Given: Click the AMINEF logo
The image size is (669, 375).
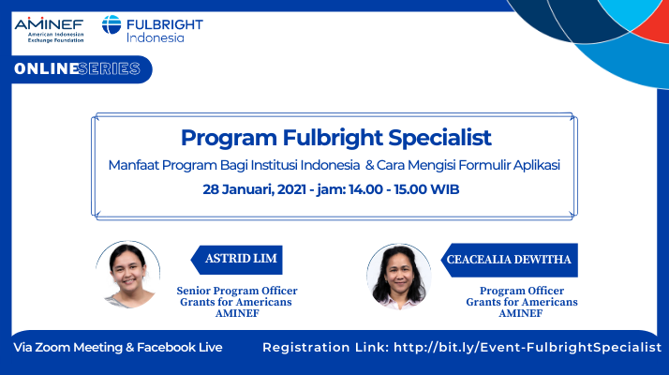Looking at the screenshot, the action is pos(49,30).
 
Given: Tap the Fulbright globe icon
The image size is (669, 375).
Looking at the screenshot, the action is pos(111,24).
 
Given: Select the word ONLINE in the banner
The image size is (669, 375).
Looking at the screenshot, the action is pos(46,68).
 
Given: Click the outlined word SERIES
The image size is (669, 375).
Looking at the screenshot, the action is pos(110,68).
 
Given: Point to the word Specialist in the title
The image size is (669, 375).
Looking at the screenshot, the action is pos(439,138).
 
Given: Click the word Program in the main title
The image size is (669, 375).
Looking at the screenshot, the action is pos(229,139).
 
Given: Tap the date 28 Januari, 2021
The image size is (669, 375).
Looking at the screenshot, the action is pos(254,189).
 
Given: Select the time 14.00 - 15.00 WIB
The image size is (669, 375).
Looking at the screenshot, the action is pos(404,189).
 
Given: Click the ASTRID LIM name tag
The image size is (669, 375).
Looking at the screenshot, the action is pos(237,260).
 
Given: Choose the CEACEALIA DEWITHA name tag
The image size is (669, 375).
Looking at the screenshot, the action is pos(510,260).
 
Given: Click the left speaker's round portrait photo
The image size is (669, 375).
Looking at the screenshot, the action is pos(128,274).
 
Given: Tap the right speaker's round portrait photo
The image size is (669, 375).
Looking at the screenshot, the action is pos(399,277).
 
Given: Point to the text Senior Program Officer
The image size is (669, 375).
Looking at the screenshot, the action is pos(237,291).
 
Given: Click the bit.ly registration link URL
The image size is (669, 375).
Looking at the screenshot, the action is pos(528,347).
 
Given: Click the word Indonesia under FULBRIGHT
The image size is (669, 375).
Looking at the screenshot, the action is pos(156,37).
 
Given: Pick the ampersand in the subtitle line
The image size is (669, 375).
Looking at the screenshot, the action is pos(369,165).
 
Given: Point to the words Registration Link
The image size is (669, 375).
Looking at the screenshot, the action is pos(325,347).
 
